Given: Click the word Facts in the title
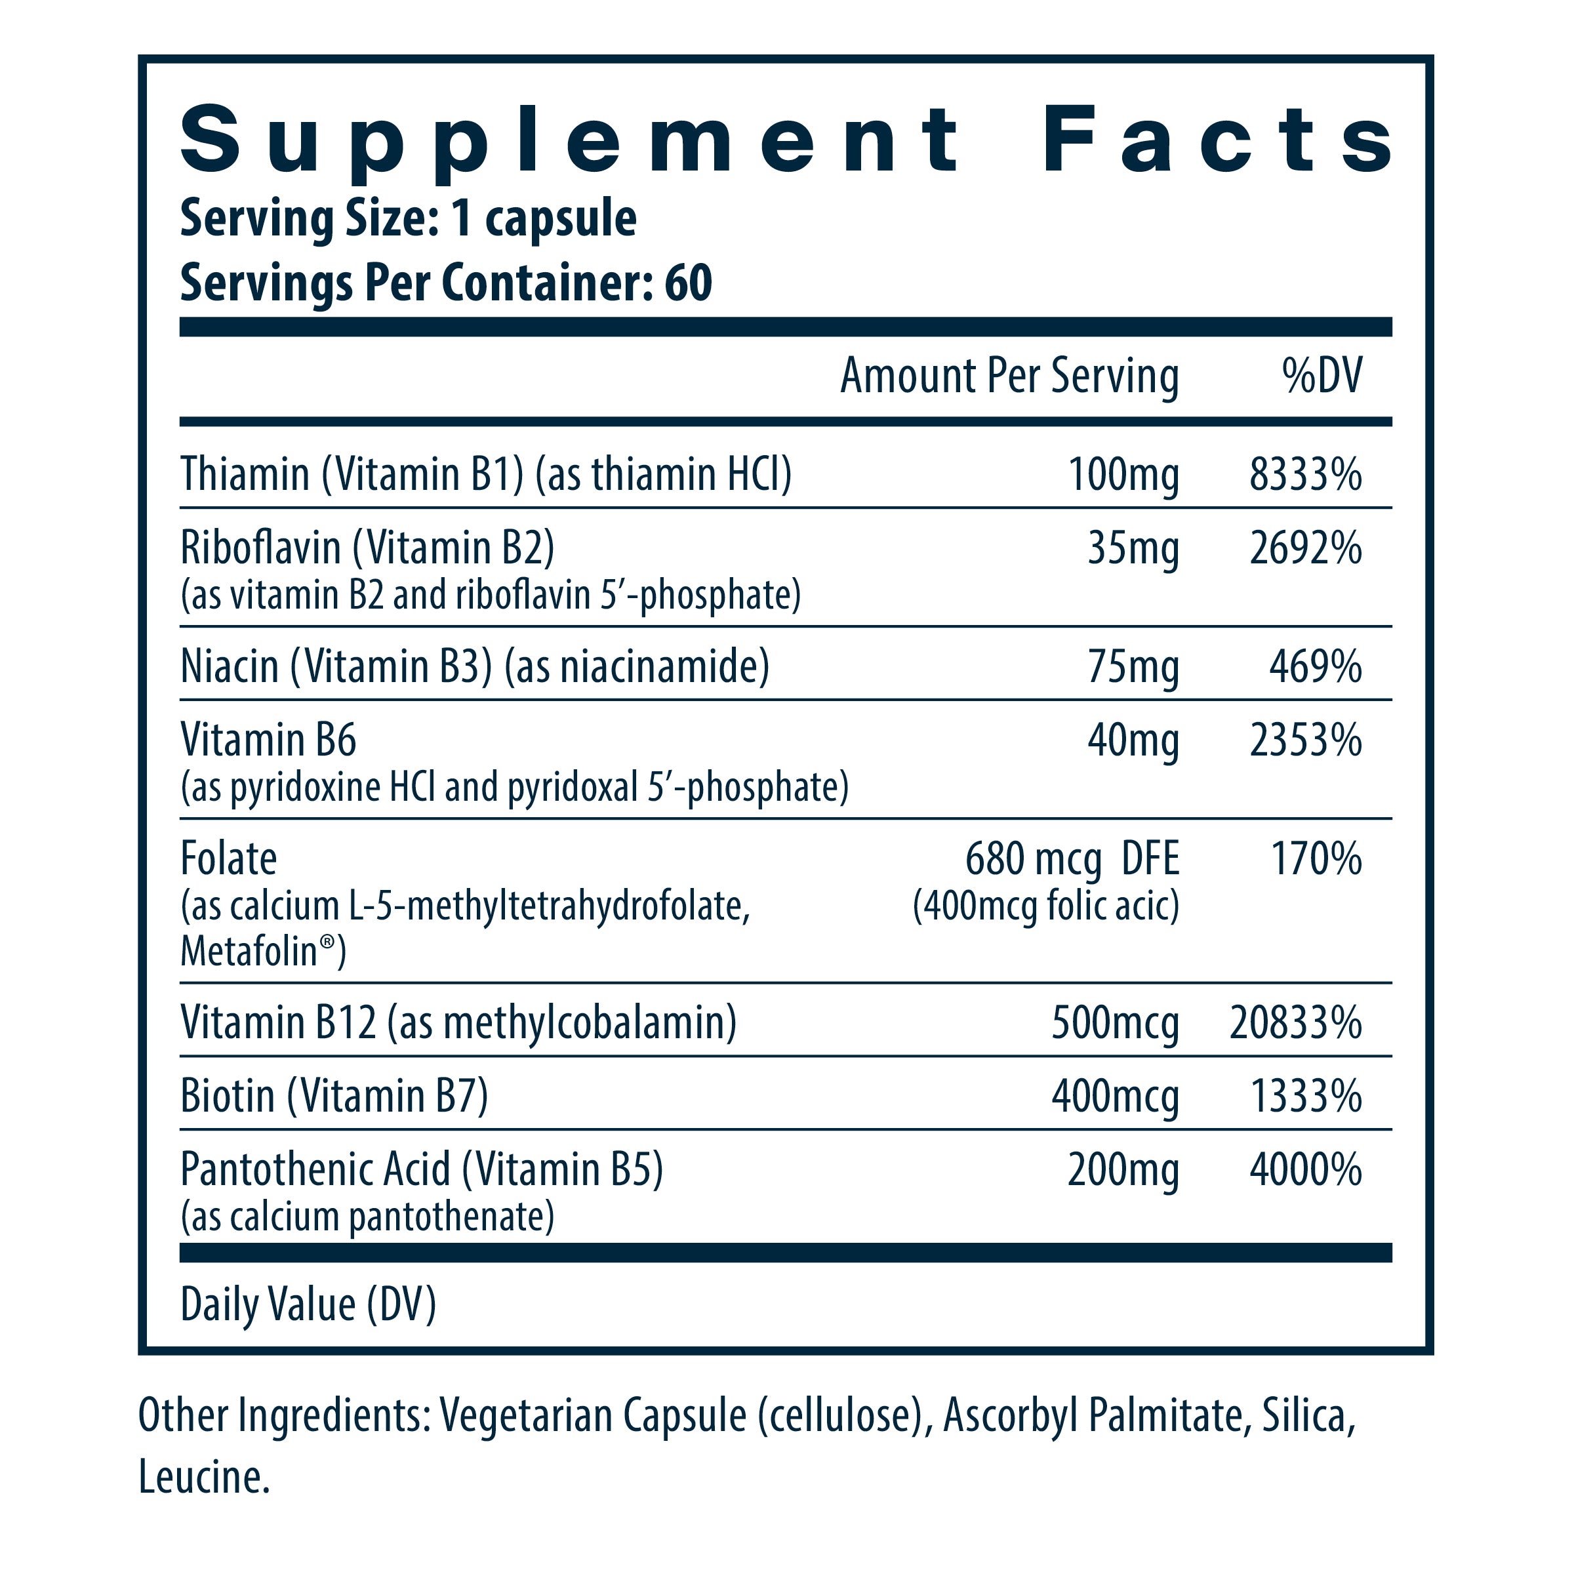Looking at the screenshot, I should [1217, 140].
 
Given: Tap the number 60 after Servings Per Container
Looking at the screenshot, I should [689, 283].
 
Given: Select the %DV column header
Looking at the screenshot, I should [1322, 376].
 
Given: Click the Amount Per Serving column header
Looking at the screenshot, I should [1009, 376].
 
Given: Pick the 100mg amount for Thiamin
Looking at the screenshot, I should [1123, 474].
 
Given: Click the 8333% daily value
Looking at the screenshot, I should [1305, 474].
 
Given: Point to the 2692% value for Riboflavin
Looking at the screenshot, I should [1305, 548].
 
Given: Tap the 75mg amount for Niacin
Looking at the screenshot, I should [1133, 667].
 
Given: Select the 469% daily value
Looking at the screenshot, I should [1315, 667].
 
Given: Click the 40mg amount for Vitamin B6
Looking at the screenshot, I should [1133, 740].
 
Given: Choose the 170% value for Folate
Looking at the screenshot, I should [1316, 860].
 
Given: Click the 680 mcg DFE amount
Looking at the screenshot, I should [1072, 860].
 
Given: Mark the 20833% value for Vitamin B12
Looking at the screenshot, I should [1295, 1023].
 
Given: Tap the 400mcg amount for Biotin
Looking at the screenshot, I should [1116, 1097].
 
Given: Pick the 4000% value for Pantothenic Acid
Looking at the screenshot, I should [1305, 1171].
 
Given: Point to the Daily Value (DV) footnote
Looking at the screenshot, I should [308, 1305].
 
